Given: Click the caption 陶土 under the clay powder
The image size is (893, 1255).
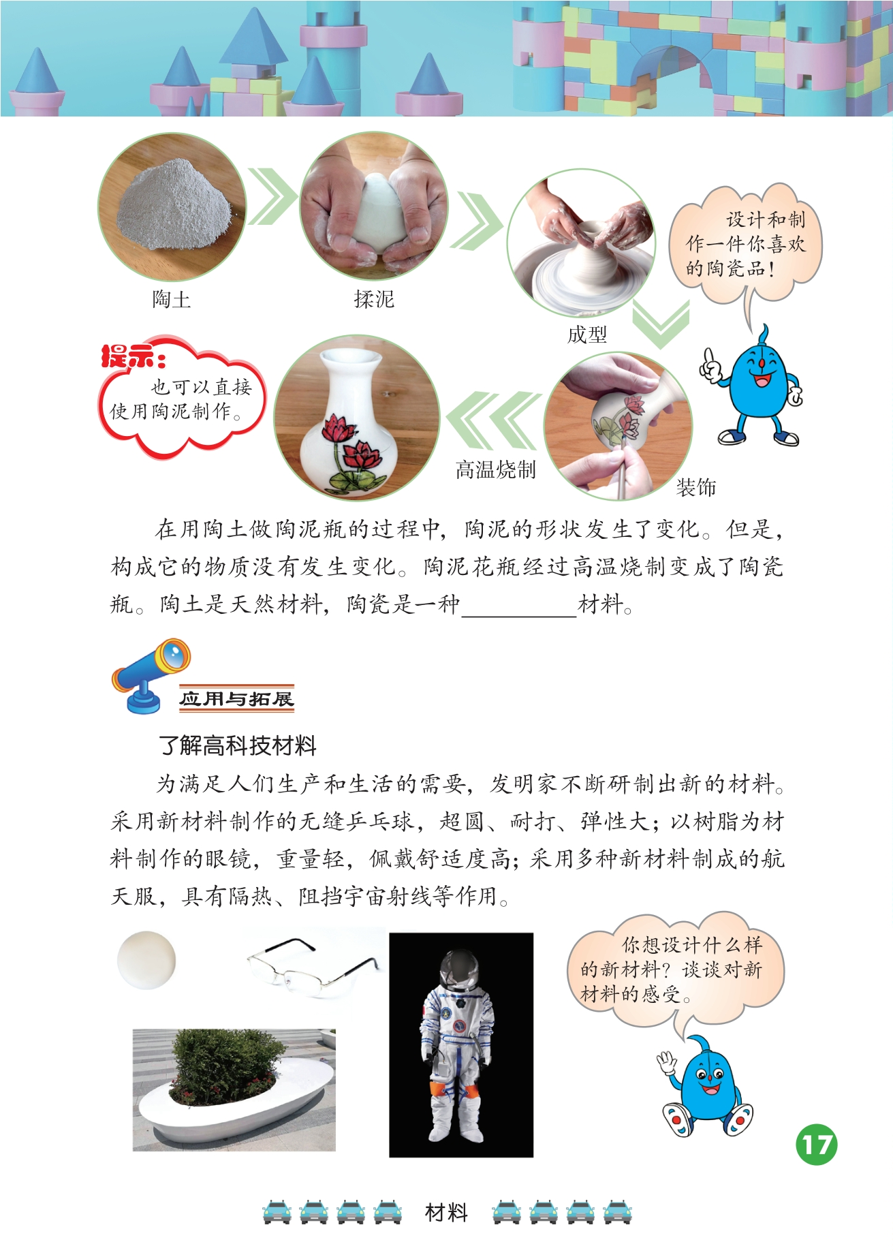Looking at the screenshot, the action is pos(171,299).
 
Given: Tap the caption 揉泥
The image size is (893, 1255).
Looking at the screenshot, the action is pos(374,299).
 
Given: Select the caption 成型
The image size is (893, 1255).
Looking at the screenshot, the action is pos(587,335).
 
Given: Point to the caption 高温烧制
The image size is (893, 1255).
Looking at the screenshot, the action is pos(496,469).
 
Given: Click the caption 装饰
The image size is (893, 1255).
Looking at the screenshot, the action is pos(696,487).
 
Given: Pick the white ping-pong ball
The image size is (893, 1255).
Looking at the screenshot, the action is pos(146,960).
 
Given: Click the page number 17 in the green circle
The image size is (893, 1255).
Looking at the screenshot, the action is pos(817,1145).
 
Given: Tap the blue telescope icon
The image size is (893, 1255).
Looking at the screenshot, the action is pos(151,674).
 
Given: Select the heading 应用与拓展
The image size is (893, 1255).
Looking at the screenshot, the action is pos(236,698).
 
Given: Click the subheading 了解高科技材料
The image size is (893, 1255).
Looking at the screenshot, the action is pos(237,745).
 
